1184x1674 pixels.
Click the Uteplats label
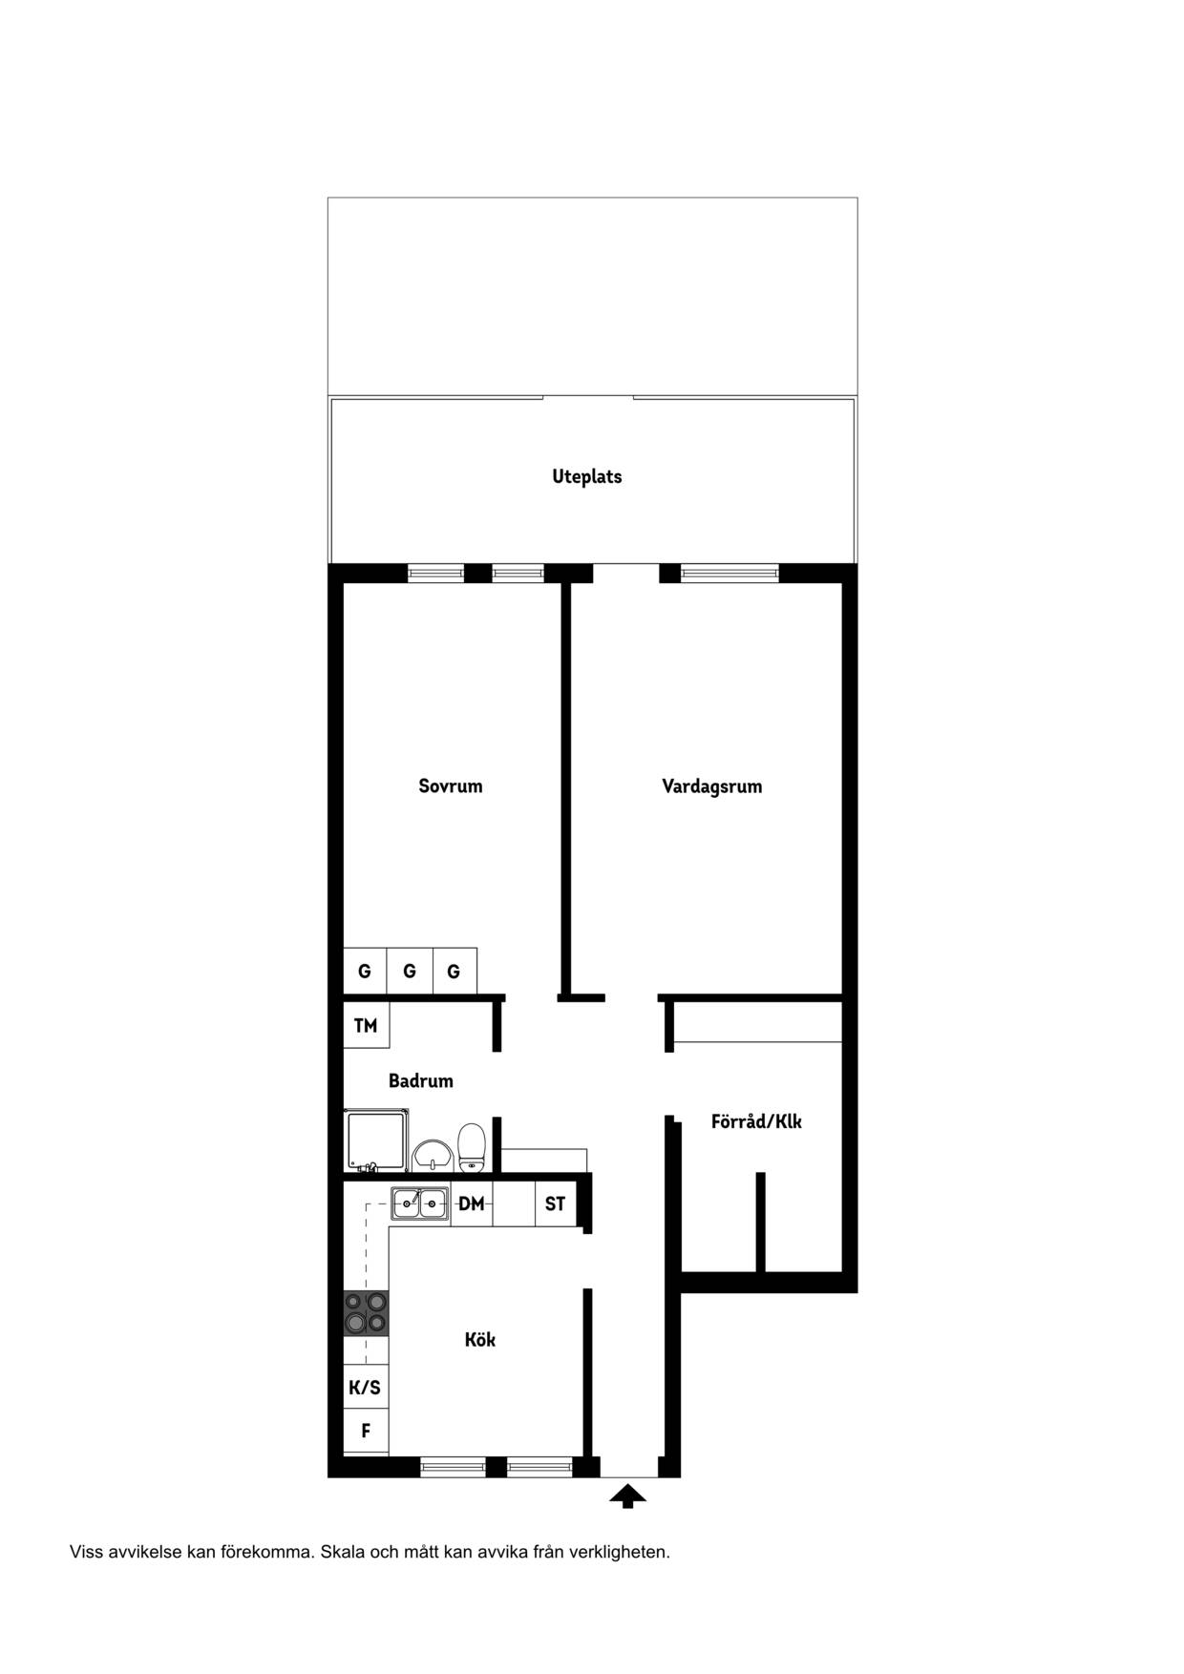(586, 476)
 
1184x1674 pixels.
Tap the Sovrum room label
(451, 786)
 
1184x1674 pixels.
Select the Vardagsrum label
(712, 787)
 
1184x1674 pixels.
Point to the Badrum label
(420, 1081)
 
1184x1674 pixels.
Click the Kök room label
(480, 1340)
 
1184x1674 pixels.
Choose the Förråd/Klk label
(756, 1121)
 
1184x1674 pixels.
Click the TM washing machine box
(366, 1026)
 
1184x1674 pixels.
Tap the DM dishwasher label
(472, 1204)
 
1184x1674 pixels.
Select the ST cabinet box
(556, 1204)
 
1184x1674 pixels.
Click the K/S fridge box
(366, 1387)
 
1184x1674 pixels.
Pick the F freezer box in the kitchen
(366, 1431)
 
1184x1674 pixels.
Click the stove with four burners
(366, 1312)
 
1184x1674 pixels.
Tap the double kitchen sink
(420, 1204)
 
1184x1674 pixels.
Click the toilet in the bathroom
(473, 1147)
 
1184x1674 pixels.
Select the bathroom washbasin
(433, 1156)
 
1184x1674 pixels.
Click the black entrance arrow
(627, 1496)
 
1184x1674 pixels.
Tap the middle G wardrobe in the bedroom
(410, 972)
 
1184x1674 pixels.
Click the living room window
(729, 574)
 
